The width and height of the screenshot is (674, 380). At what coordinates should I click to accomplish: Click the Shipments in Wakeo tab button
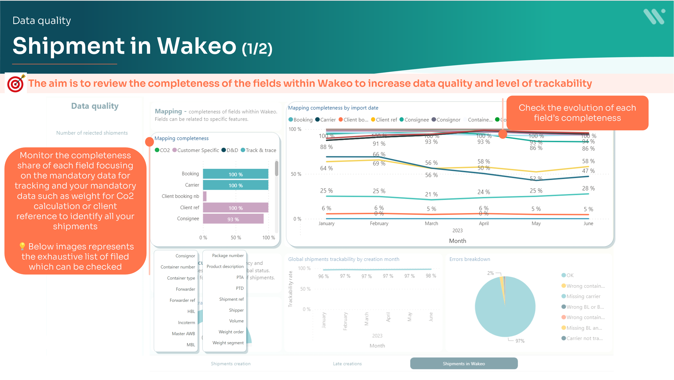point(464,363)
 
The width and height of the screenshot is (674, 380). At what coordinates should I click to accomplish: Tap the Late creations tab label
point(347,363)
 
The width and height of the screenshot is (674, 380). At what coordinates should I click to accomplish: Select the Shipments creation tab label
point(230,363)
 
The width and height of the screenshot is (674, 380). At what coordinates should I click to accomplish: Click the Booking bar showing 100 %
point(236,174)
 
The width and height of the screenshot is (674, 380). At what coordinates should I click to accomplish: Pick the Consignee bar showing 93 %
point(233,219)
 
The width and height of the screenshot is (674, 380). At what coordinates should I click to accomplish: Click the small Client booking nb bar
point(205,196)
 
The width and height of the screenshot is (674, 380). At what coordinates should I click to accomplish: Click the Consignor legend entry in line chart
point(446,120)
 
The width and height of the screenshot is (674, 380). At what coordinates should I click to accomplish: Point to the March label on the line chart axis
point(431,224)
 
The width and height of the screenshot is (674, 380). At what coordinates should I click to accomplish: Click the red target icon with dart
point(16,83)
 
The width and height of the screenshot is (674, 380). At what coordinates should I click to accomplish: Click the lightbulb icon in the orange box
point(22,246)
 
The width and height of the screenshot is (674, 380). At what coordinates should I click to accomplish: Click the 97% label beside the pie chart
point(520,341)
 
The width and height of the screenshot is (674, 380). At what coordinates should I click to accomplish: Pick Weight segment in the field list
point(228,343)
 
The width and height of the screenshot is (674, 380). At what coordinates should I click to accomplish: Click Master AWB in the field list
point(183,334)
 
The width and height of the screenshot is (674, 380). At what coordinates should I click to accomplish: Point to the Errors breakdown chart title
point(470,259)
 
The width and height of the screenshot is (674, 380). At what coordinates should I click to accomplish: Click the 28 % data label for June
point(588,188)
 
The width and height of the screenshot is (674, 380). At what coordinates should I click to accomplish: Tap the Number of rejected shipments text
point(92,133)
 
